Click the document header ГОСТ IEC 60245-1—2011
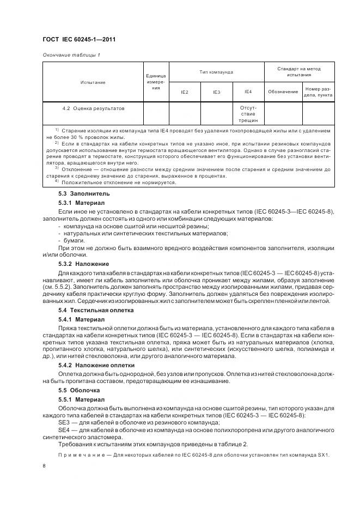78,40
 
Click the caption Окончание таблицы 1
71,55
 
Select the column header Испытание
93,82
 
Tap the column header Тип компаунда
217,72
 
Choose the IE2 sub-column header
184,92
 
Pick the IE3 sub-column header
216,92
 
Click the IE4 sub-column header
248,92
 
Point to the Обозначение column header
283,92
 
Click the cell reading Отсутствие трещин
248,114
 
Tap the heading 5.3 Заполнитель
76,193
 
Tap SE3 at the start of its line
64,423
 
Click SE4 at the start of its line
64,430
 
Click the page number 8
44,466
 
